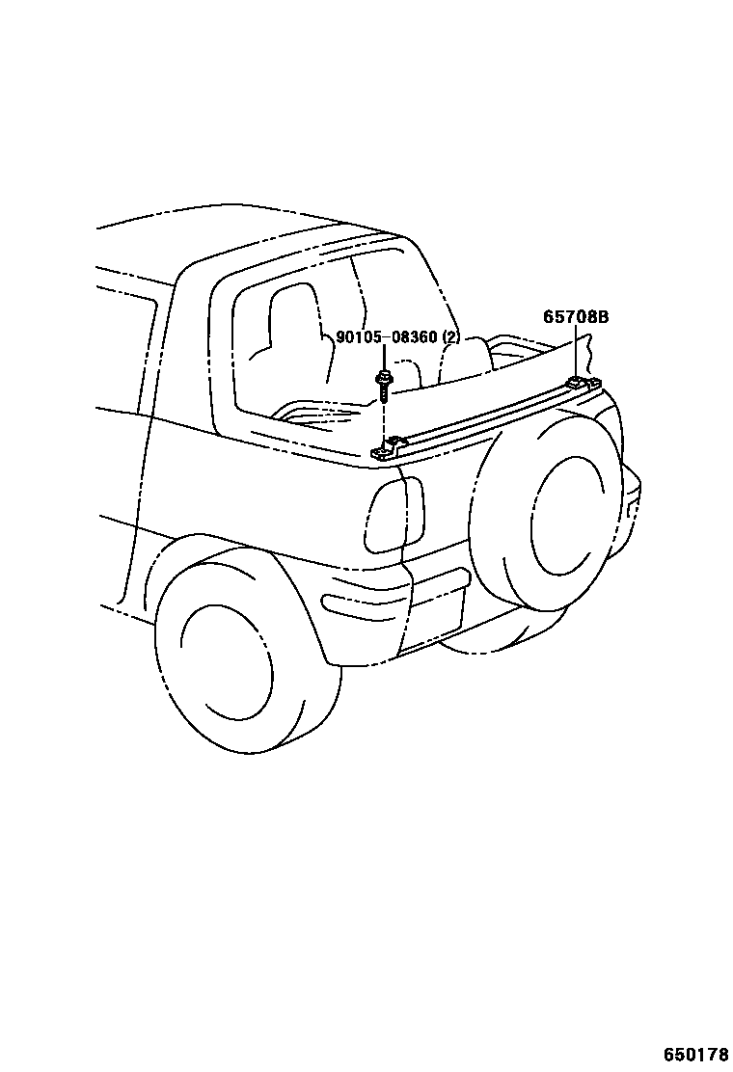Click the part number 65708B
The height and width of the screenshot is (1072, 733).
575,316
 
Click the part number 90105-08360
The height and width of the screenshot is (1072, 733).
387,338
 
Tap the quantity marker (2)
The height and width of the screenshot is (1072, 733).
450,338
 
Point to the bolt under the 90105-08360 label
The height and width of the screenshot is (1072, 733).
384,384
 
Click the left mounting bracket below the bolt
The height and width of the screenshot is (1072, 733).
387,447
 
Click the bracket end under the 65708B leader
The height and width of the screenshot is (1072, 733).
582,384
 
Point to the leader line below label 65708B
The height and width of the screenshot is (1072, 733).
576,352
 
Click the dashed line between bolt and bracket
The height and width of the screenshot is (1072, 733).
384,419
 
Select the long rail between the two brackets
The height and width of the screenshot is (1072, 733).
482,415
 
